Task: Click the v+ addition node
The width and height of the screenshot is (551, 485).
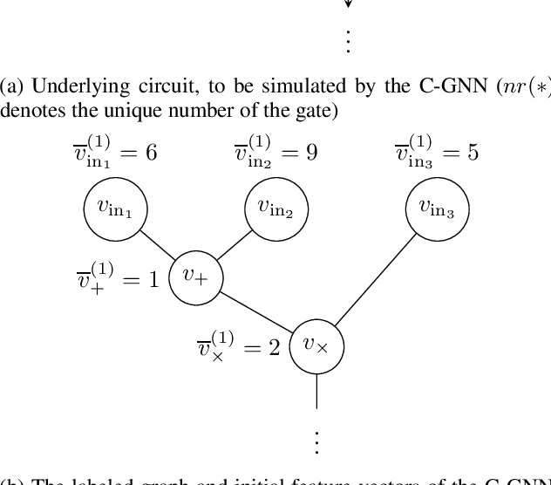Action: (194, 277)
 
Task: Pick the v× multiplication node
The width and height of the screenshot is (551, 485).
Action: (316, 347)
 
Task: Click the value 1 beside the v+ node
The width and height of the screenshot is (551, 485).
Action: (153, 281)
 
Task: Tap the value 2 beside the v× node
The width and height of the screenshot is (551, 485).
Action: (274, 348)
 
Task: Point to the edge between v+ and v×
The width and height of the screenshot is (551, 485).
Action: (255, 311)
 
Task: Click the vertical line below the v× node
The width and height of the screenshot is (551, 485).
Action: (316, 392)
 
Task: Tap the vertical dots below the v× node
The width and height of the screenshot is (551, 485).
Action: (316, 441)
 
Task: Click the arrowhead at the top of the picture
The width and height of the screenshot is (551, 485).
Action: (348, 4)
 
